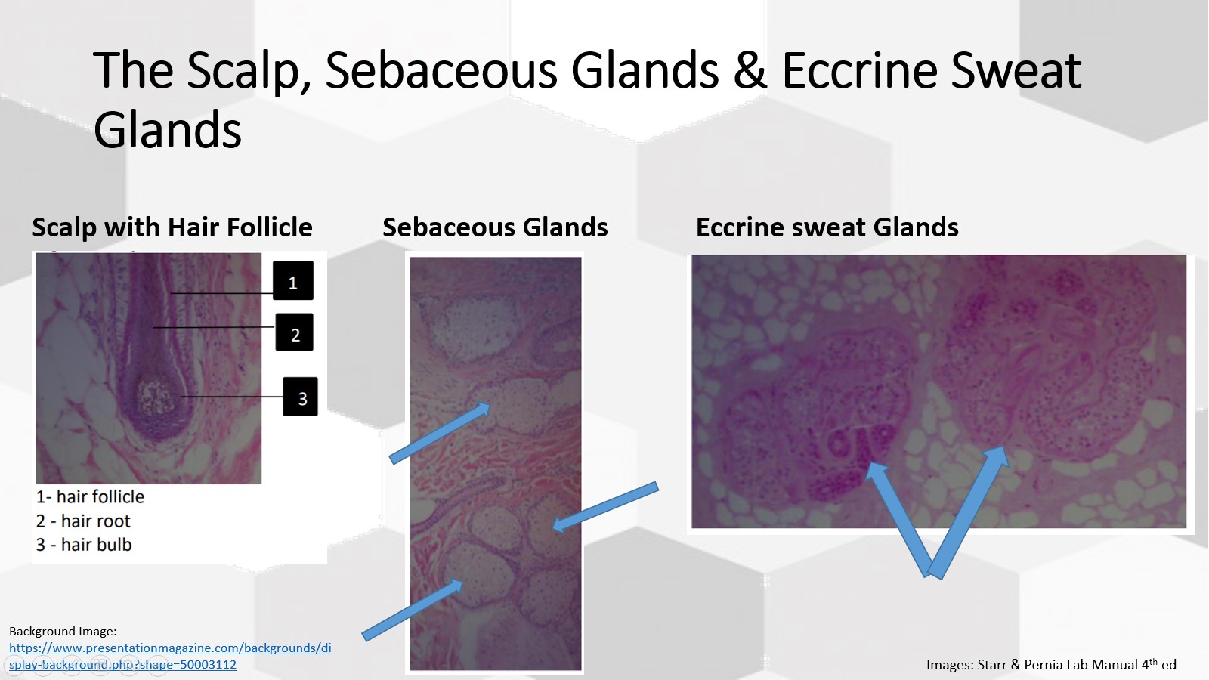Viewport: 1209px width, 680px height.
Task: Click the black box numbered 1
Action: pos(292,281)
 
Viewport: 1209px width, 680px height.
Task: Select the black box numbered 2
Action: pos(295,333)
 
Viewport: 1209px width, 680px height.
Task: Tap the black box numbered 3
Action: pos(301,397)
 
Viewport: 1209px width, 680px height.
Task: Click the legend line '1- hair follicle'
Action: pos(90,497)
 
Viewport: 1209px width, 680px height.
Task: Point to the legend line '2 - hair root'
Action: pos(83,521)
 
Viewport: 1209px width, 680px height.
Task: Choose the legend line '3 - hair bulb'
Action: pos(84,545)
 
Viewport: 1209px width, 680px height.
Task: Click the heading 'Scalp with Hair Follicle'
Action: pos(172,227)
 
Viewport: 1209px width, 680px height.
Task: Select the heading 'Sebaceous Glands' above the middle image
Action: pos(495,227)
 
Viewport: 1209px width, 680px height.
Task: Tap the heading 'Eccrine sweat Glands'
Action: pos(827,227)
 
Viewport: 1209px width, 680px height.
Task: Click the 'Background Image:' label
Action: pos(63,631)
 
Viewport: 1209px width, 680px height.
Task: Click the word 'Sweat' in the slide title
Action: pos(1016,70)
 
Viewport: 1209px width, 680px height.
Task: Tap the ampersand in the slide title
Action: pos(750,70)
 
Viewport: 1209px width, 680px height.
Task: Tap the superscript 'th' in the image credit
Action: pos(1152,660)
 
